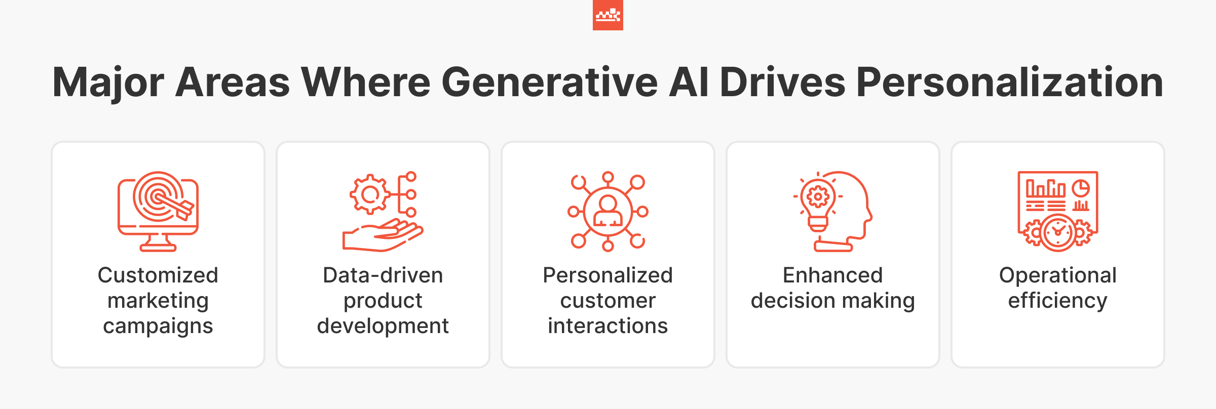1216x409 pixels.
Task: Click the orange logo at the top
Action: [x=607, y=15]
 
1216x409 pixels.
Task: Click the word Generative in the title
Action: [x=549, y=82]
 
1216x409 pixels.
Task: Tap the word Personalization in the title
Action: [x=1009, y=82]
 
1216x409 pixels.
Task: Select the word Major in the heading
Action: [x=108, y=83]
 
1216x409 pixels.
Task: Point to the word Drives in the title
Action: [x=782, y=82]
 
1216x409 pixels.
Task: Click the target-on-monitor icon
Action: [x=158, y=211]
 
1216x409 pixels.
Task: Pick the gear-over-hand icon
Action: [x=383, y=211]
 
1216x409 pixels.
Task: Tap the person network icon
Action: [x=607, y=211]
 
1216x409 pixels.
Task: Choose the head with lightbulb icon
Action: [x=833, y=211]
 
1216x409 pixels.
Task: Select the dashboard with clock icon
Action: [x=1058, y=211]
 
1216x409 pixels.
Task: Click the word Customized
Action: [x=158, y=275]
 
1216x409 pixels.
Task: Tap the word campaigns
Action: [x=158, y=326]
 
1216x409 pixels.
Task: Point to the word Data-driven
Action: [x=383, y=275]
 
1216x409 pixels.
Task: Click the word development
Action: [x=383, y=326]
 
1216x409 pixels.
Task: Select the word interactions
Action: [x=607, y=326]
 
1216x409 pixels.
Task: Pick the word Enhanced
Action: [x=832, y=275]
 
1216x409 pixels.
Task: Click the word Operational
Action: [x=1058, y=275]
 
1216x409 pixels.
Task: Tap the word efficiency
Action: [x=1058, y=301]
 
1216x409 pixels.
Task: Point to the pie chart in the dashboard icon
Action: [x=1081, y=188]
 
